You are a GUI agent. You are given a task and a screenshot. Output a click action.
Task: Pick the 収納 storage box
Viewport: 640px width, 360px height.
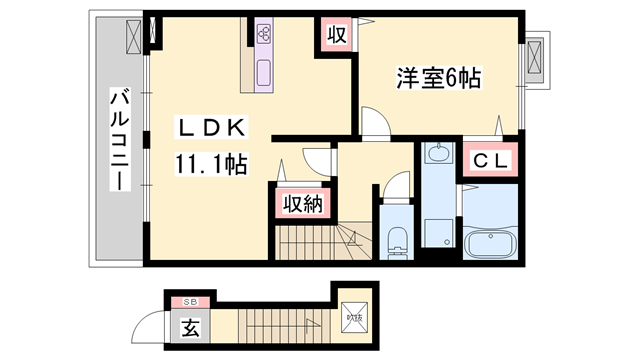point(300,204)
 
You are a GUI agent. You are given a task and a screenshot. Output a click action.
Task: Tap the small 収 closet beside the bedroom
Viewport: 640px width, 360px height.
point(335,35)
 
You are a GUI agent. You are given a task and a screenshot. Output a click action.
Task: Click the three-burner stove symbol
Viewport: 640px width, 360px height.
point(266,33)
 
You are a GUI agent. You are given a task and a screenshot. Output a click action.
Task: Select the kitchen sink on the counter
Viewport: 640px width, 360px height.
point(266,72)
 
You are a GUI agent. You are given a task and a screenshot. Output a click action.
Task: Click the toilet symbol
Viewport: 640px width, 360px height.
point(398,240)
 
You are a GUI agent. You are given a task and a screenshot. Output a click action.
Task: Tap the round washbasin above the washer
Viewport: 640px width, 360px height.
point(438,154)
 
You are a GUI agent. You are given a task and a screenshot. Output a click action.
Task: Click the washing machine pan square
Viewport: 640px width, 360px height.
point(437,231)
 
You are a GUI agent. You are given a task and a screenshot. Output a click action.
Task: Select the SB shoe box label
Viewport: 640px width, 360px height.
point(190,301)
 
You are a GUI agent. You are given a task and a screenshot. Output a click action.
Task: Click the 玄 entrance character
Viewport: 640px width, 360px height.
point(190,325)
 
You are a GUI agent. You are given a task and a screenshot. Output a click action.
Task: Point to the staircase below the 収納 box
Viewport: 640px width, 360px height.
point(310,241)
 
